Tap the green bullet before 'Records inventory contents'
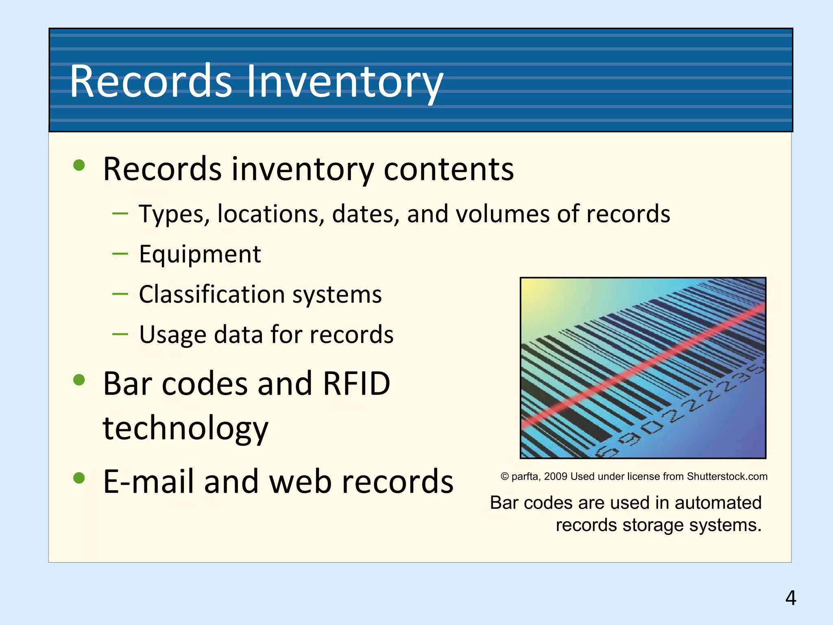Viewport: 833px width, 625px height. tap(79, 165)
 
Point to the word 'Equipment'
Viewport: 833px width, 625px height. tap(200, 255)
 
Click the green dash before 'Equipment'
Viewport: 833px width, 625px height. tap(120, 253)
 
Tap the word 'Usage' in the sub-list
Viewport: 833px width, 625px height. tap(172, 335)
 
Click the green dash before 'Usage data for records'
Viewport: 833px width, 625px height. tap(120, 334)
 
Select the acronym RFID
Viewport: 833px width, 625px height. tap(356, 384)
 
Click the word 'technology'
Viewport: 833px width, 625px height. tap(185, 428)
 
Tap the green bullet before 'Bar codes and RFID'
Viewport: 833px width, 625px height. tap(79, 380)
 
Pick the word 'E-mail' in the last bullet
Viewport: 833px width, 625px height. tap(150, 482)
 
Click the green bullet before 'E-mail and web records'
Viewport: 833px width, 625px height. tap(79, 478)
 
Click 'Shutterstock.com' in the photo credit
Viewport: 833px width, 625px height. tap(727, 476)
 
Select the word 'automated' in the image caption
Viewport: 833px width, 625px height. tap(718, 503)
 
